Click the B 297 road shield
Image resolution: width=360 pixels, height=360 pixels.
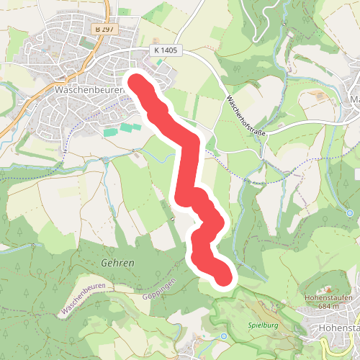105,28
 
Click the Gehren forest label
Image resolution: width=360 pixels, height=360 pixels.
118,264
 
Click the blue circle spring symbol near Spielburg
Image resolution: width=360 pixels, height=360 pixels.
224,336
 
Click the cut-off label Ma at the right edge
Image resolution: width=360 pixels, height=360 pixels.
354,99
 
